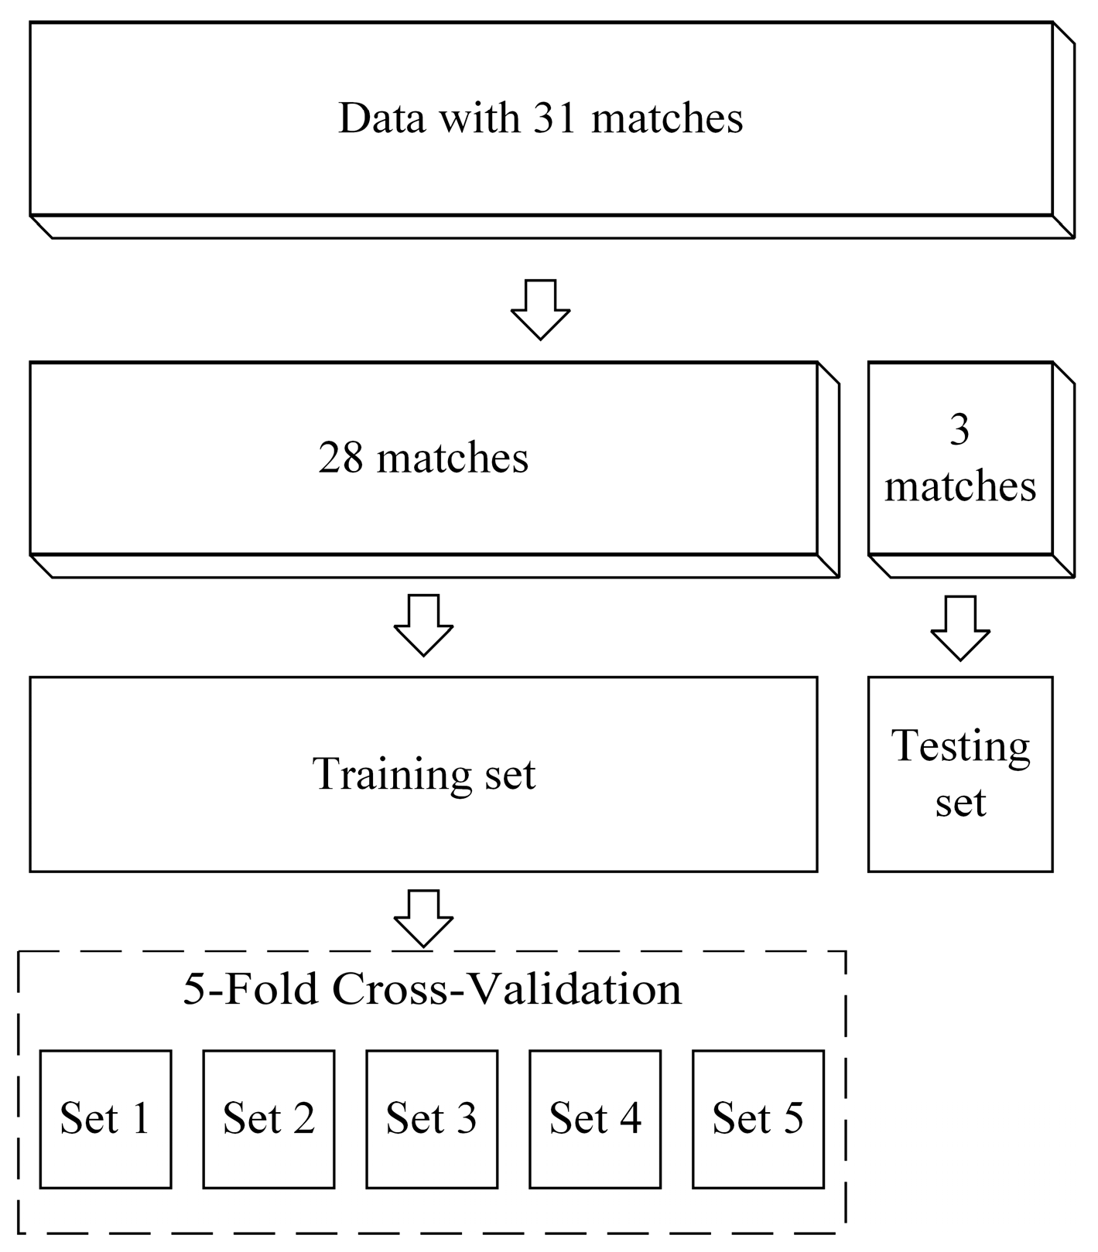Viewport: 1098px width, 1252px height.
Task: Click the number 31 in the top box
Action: pos(555,118)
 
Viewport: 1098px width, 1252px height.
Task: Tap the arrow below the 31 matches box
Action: pos(540,309)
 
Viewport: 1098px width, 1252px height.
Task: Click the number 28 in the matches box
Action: pos(340,458)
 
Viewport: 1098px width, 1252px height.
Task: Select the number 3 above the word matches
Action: pos(959,430)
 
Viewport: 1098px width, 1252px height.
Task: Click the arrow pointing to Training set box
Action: pos(423,625)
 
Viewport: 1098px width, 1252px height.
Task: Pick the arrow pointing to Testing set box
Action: pos(959,627)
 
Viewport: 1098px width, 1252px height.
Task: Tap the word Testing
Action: pos(960,747)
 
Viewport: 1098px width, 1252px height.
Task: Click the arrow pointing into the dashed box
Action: pos(423,918)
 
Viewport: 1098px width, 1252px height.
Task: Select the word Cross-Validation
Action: pos(508,989)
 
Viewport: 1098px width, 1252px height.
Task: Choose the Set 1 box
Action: pos(105,1119)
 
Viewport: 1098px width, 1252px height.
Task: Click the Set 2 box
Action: pos(269,1119)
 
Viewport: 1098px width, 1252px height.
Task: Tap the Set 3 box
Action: pos(432,1119)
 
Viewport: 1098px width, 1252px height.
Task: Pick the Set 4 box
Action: pos(595,1119)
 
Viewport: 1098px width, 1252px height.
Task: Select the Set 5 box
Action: pos(758,1119)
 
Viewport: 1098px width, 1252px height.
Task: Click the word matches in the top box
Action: pos(667,118)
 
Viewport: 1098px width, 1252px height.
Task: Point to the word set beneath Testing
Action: pos(960,803)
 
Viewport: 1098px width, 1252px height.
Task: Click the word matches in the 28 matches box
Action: pos(453,458)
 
